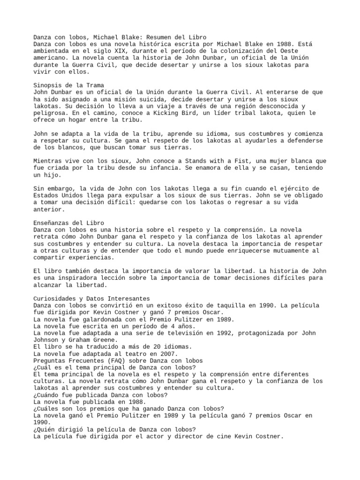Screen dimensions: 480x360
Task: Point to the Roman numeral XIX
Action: point(114,51)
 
